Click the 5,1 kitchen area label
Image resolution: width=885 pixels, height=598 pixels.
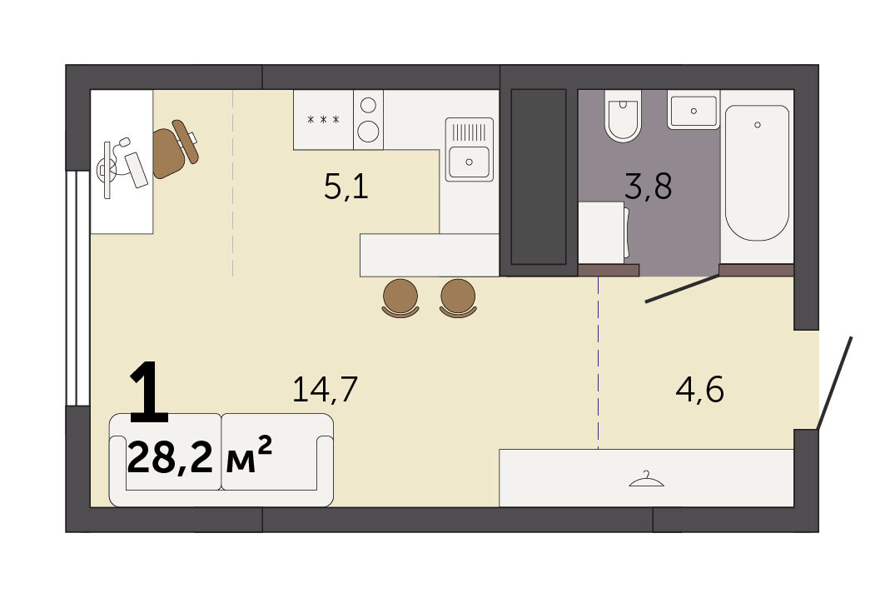point(346,187)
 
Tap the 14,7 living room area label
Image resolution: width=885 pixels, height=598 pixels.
point(325,389)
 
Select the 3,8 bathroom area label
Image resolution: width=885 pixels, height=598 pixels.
point(648,187)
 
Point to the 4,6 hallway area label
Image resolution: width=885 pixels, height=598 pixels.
point(699,389)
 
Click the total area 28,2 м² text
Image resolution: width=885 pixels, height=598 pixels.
point(200,456)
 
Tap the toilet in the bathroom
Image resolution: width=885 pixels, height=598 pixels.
point(623,116)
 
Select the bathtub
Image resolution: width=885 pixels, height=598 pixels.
point(757,172)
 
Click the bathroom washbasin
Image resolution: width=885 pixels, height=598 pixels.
point(694,110)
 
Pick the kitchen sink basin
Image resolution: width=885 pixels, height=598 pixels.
point(469,162)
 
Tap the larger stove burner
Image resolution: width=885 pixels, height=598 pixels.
point(368,131)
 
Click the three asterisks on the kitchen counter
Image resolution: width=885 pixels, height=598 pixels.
point(323,120)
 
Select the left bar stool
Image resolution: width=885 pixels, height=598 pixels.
point(400,297)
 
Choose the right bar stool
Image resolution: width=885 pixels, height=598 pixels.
point(458,297)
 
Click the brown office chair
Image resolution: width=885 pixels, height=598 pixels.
point(175,149)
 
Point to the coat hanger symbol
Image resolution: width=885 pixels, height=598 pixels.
point(646,480)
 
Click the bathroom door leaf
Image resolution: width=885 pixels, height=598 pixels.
point(683,288)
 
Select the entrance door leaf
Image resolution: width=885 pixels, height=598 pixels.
point(834,382)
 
